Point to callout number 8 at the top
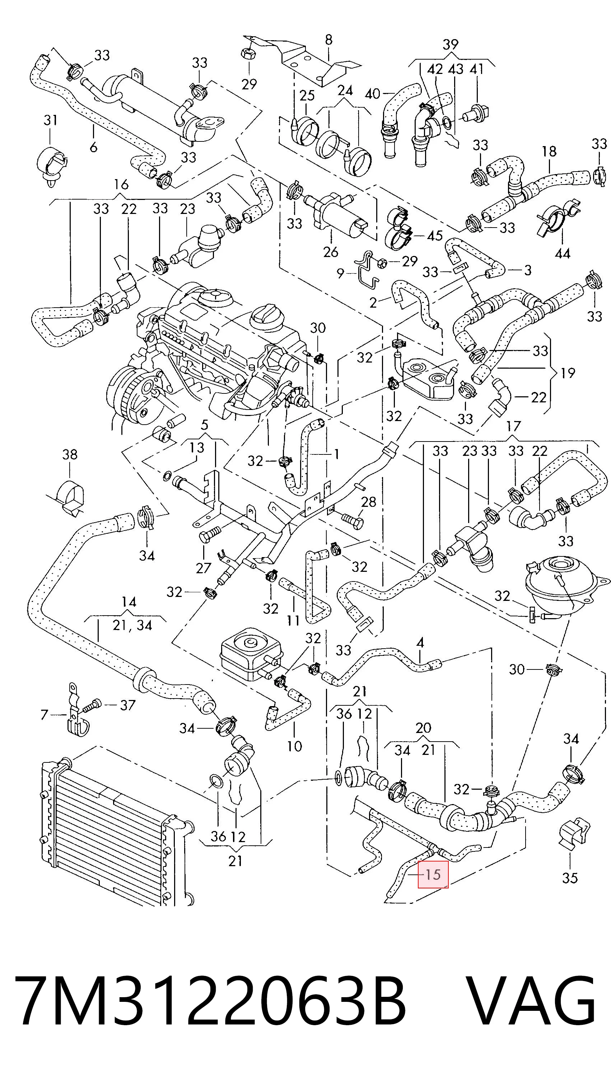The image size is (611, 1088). point(328,40)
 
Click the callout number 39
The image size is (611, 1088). point(451,44)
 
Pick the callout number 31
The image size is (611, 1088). point(50,120)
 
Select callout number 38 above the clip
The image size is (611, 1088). point(70,454)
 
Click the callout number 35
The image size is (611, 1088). point(570,878)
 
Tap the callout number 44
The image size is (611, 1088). point(563,253)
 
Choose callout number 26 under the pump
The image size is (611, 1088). point(331,252)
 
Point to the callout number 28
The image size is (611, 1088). point(368,502)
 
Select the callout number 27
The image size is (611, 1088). point(203,568)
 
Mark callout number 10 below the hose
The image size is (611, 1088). point(294,746)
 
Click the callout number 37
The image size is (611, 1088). point(127,705)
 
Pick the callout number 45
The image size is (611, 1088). point(434,235)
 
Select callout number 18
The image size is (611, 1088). point(549,151)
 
